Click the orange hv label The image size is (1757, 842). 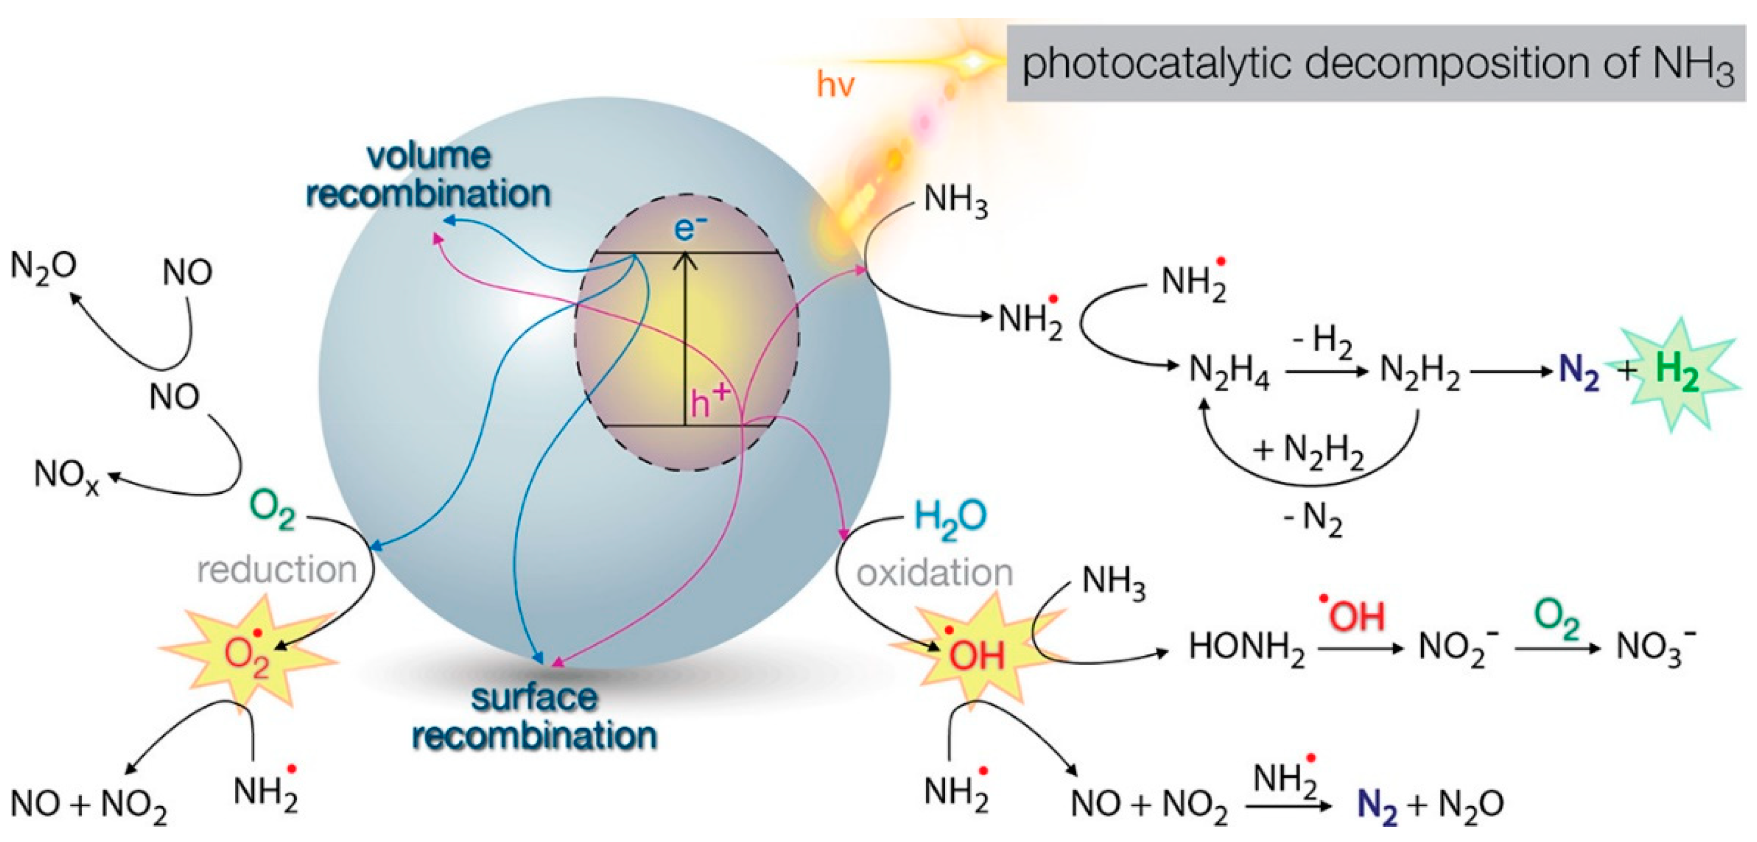(835, 85)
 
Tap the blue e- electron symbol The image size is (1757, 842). (690, 227)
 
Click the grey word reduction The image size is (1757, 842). (277, 569)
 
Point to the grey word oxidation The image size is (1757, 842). (934, 573)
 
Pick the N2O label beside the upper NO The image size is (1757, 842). (43, 266)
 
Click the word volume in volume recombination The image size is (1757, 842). (428, 156)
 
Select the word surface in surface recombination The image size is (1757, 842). (534, 697)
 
